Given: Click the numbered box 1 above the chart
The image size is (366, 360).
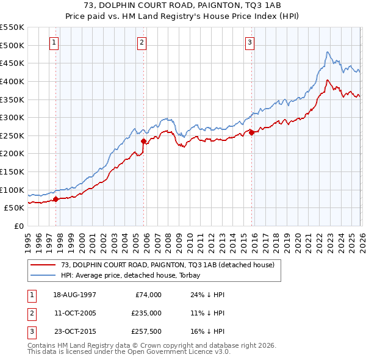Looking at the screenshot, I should pos(55,42).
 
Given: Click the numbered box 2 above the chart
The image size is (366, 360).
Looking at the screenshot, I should pos(142,42).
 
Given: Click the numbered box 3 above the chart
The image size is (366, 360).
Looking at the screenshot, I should pos(250,42).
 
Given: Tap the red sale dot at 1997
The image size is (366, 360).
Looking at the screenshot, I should pos(56,198).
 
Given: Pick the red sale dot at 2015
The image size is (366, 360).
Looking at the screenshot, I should pos(251,132).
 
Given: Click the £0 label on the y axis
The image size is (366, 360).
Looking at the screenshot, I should pos(20,226).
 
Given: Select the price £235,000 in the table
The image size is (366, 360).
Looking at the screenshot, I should pos(147,314).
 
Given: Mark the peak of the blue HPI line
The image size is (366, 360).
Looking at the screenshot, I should pos(328,52).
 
